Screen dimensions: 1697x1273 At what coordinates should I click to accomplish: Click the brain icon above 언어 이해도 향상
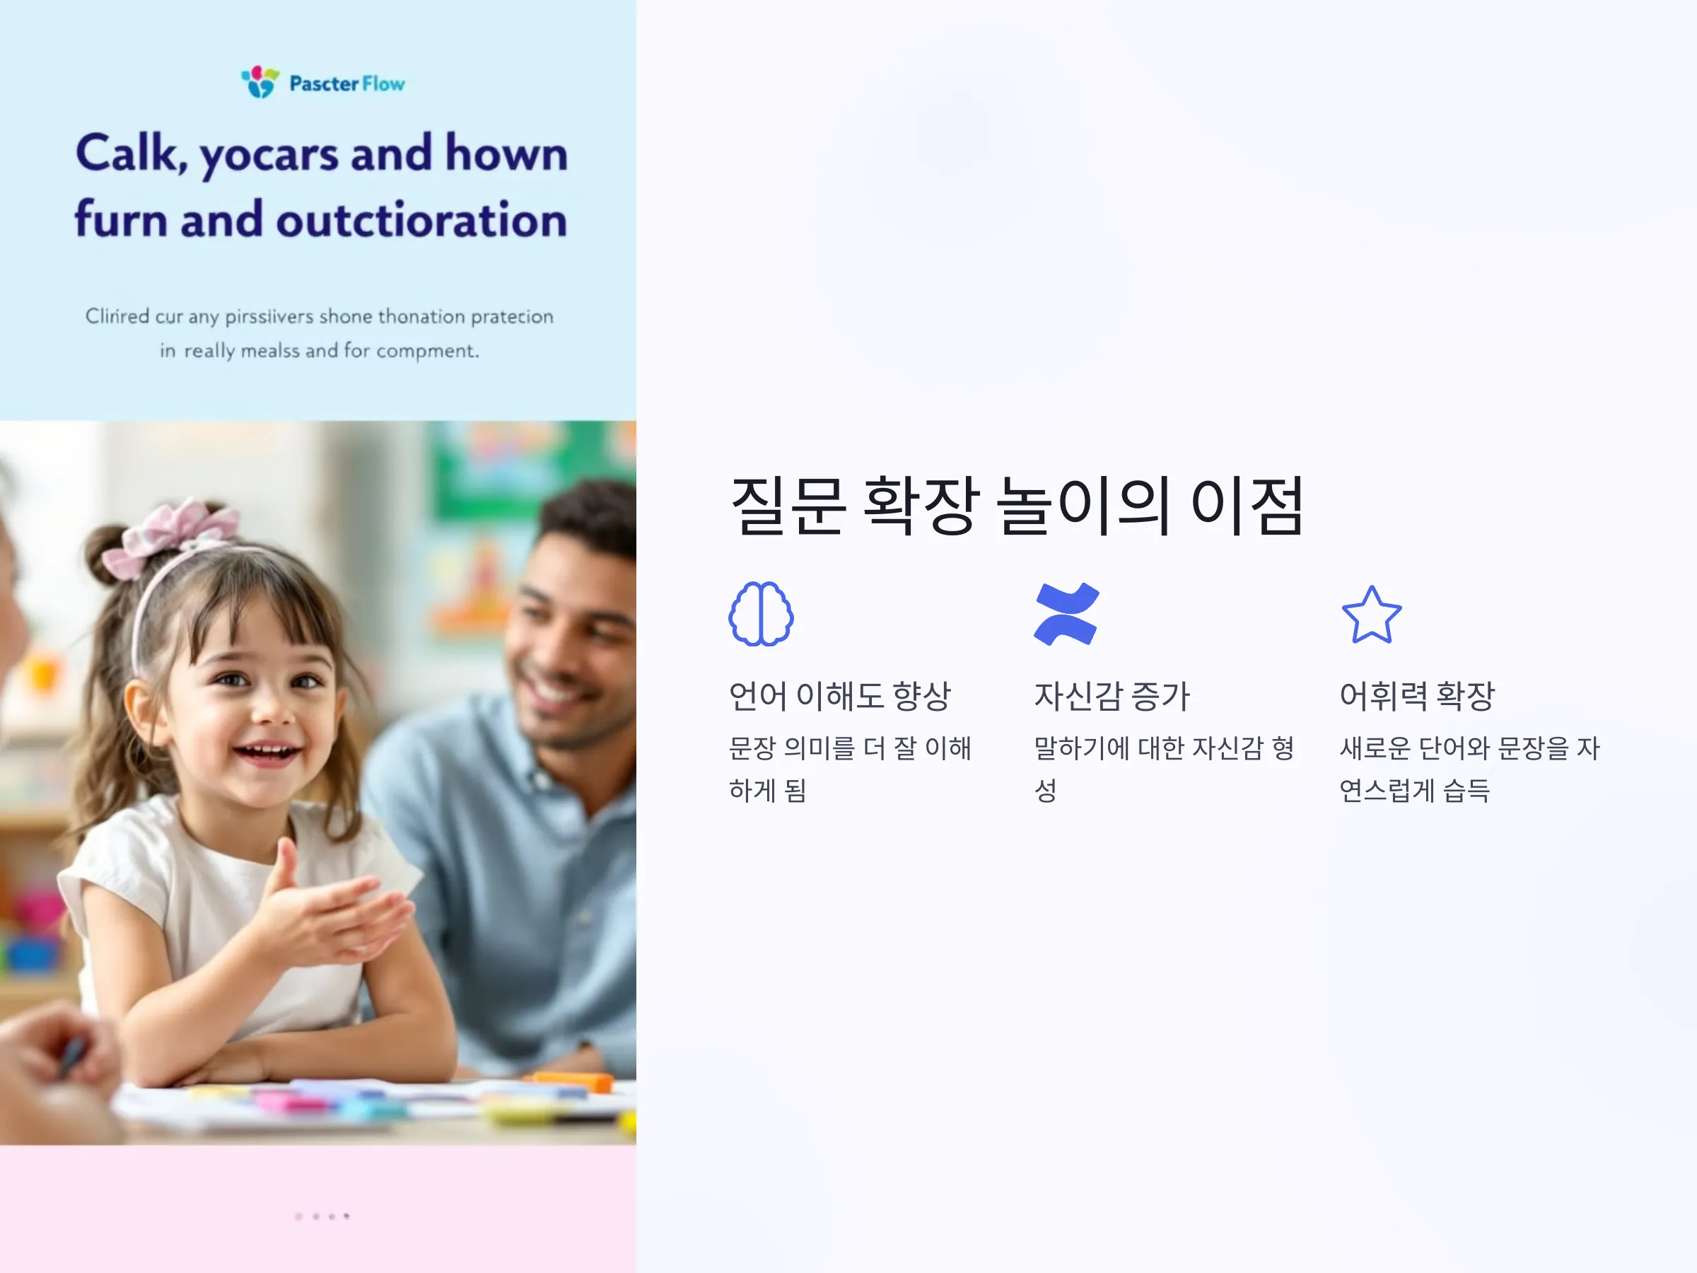(x=760, y=614)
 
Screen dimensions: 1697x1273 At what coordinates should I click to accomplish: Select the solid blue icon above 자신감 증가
(x=1066, y=614)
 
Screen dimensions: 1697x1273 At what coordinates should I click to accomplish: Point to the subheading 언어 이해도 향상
(x=839, y=696)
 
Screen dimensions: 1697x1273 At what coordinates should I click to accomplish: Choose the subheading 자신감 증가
(x=1112, y=696)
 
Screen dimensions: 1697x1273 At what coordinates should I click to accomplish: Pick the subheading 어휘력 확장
(x=1417, y=696)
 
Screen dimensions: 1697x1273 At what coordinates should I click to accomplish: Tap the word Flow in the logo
(x=383, y=83)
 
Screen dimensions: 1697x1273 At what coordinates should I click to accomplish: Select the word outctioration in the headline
(x=421, y=219)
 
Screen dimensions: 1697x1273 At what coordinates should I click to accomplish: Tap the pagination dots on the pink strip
(x=322, y=1216)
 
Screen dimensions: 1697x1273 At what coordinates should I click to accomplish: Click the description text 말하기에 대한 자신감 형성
(x=1164, y=768)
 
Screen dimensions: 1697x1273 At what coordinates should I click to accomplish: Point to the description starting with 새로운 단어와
(x=1469, y=768)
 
